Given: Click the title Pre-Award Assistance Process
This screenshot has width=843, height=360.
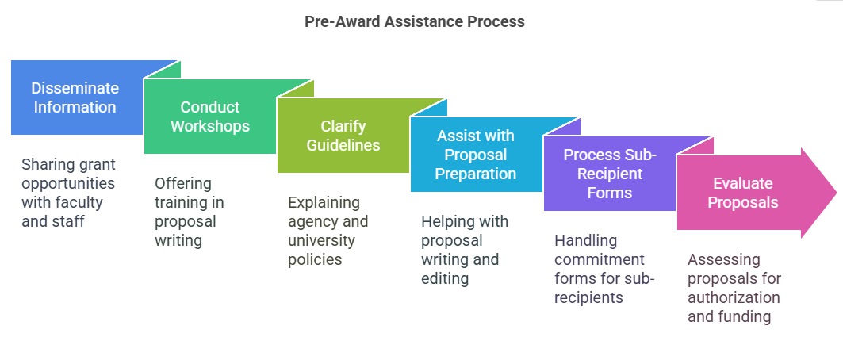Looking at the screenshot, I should [414, 22].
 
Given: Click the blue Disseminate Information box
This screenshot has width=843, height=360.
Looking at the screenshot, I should [75, 98].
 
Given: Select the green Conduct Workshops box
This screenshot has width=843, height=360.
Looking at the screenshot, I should [210, 117].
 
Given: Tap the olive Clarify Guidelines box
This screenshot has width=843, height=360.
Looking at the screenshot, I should [343, 136].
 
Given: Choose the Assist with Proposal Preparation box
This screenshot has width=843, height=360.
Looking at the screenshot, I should [476, 155].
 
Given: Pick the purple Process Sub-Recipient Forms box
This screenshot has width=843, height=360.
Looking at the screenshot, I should [609, 174].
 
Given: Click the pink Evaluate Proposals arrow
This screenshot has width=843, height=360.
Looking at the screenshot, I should [743, 193].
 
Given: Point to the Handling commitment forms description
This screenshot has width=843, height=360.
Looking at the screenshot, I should [599, 269].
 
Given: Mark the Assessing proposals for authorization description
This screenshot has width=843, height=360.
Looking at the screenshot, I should [734, 288].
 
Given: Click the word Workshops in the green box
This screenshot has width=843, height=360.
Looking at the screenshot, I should [210, 126].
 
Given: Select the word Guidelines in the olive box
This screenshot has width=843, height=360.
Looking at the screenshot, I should [343, 145].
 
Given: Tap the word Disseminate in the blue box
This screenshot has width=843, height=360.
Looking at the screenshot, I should [75, 88].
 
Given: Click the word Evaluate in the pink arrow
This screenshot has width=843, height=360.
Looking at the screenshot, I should [743, 183].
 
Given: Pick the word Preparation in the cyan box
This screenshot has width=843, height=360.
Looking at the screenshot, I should [476, 174].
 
